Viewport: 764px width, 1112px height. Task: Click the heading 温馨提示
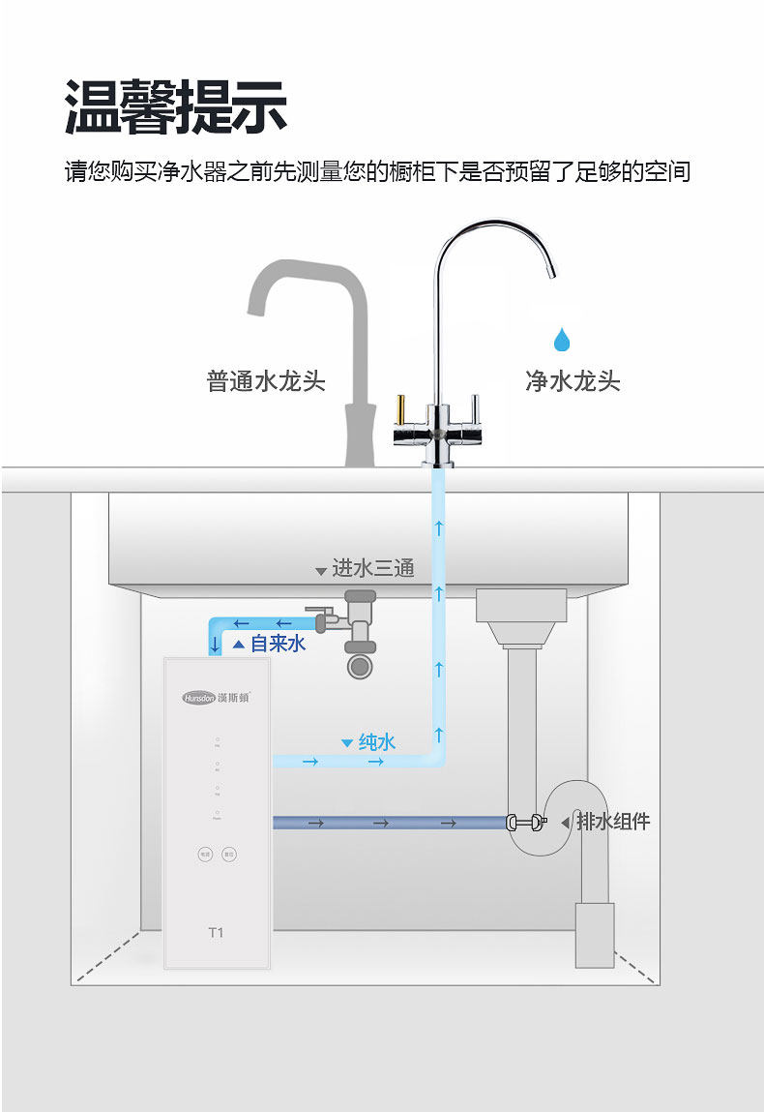click(x=176, y=105)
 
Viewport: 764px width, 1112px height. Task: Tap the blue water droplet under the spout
click(x=561, y=340)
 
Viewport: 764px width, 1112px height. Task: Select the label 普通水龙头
click(x=266, y=380)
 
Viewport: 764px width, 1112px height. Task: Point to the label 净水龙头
click(x=573, y=380)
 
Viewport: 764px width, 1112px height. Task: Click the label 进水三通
click(x=372, y=568)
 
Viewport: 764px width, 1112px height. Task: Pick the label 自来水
click(x=278, y=644)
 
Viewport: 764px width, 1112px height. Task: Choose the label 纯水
click(x=377, y=742)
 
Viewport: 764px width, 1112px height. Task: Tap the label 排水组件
click(x=613, y=822)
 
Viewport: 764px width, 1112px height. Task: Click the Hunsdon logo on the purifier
click(x=215, y=697)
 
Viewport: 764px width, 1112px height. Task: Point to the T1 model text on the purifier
click(x=216, y=933)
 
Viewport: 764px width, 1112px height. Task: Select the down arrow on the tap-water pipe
click(x=215, y=644)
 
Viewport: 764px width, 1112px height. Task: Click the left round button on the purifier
click(x=205, y=855)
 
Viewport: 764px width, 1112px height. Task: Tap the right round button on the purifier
click(x=229, y=855)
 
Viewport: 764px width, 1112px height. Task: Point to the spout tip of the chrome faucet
click(x=551, y=271)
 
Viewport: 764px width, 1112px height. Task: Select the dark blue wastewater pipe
click(x=387, y=823)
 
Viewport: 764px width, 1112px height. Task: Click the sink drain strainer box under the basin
click(x=520, y=605)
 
